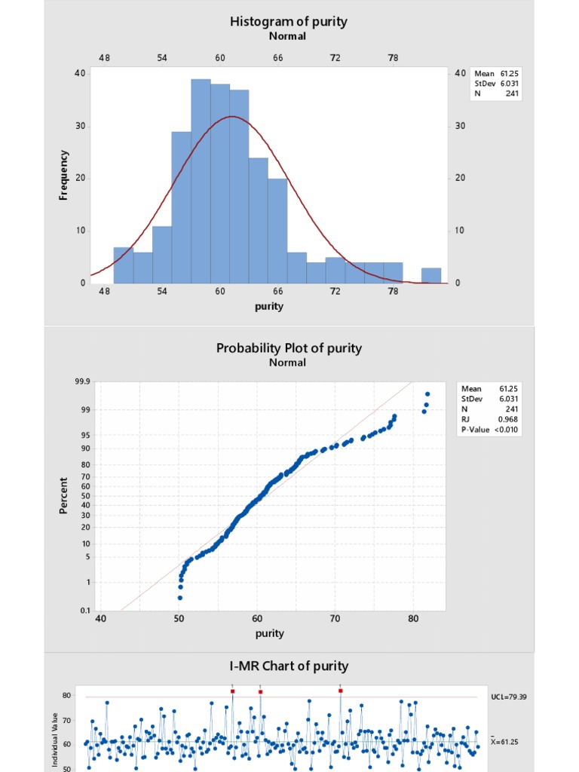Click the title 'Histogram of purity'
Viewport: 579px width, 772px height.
pyautogui.click(x=289, y=21)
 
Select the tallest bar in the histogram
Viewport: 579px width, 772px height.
pyautogui.click(x=201, y=181)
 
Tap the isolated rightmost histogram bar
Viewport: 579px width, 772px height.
pyautogui.click(x=431, y=275)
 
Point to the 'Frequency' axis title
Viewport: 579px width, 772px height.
pyautogui.click(x=64, y=175)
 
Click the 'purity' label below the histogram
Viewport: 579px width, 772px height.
pyautogui.click(x=269, y=306)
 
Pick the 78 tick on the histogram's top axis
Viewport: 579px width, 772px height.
pyautogui.click(x=393, y=58)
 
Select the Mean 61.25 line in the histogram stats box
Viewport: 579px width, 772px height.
pyautogui.click(x=497, y=74)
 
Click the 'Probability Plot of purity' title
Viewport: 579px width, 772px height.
pyautogui.click(x=289, y=348)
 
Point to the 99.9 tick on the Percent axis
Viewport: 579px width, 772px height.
pyautogui.click(x=81, y=382)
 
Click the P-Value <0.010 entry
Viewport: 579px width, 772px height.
pyautogui.click(x=490, y=430)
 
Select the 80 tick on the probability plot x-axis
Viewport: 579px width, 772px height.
pyautogui.click(x=413, y=619)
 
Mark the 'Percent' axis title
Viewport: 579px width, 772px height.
pyautogui.click(x=64, y=495)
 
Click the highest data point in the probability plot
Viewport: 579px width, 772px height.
pyautogui.click(x=427, y=394)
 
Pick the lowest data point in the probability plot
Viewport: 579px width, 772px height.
pyautogui.click(x=179, y=598)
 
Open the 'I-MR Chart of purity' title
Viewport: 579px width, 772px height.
pyautogui.click(x=289, y=666)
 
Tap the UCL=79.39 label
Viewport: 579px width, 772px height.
pyautogui.click(x=507, y=697)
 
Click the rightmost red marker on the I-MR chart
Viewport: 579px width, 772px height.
pyautogui.click(x=340, y=691)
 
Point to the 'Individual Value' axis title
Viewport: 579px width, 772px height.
pyautogui.click(x=55, y=743)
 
